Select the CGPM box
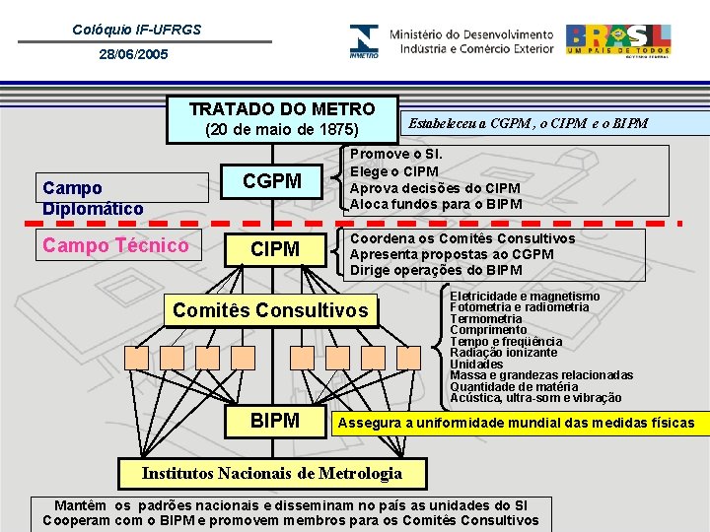[x=272, y=181]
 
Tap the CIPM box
[x=275, y=250]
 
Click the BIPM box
[x=275, y=422]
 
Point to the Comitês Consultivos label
[x=270, y=311]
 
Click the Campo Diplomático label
[x=93, y=198]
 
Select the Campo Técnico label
[x=114, y=245]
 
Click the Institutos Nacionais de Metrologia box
[x=272, y=473]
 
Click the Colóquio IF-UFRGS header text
[x=137, y=30]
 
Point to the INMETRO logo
[x=363, y=41]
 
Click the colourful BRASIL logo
[x=618, y=40]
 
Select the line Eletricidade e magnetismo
[x=524, y=296]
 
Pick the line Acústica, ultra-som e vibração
[x=535, y=398]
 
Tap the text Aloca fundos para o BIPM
[x=436, y=204]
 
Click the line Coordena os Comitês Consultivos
[x=462, y=238]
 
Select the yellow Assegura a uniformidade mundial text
[x=516, y=424]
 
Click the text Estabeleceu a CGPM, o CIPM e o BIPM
[x=529, y=123]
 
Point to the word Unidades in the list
[x=476, y=364]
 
